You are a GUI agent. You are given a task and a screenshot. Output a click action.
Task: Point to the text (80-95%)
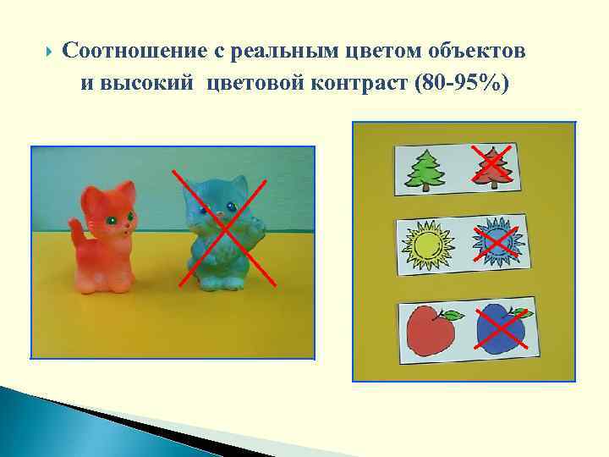[x=458, y=85]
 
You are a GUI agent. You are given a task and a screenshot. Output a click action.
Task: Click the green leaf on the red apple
[x=453, y=316]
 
